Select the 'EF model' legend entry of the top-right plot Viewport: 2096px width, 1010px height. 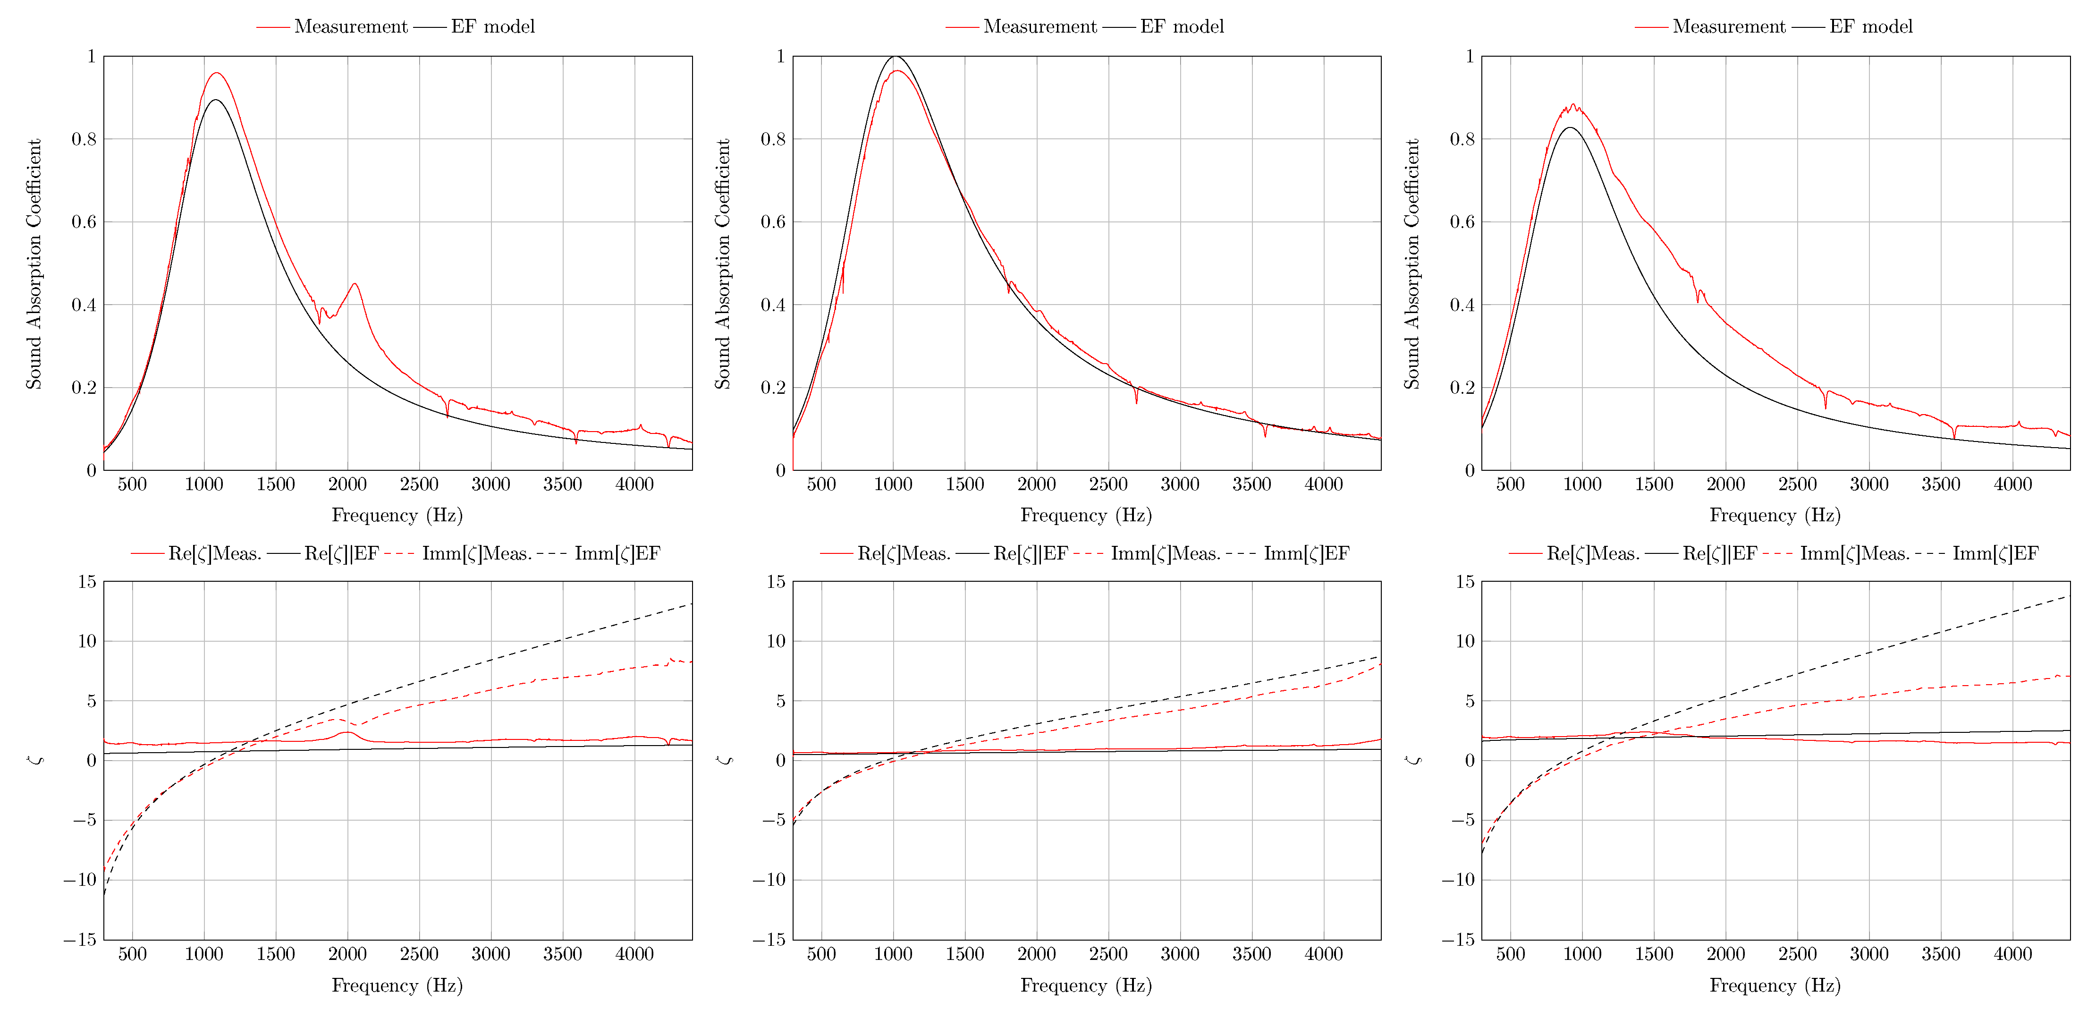click(1871, 27)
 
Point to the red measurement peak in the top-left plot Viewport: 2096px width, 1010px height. click(216, 73)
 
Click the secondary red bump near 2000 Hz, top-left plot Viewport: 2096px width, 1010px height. click(354, 284)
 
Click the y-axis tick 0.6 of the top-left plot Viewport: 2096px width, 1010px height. click(84, 222)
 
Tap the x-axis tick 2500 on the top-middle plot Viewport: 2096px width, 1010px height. click(1108, 485)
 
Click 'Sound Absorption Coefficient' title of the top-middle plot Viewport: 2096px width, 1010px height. click(723, 263)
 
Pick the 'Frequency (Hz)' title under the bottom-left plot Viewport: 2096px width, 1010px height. click(397, 985)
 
